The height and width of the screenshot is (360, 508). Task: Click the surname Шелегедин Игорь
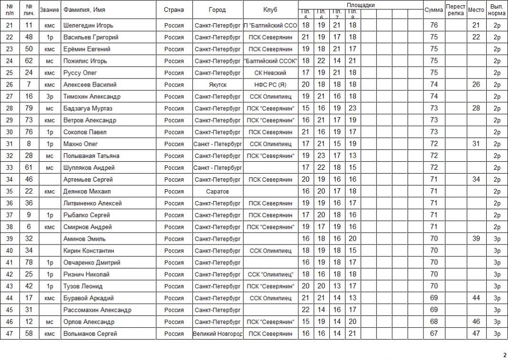tap(88, 25)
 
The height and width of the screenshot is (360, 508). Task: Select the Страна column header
tap(174, 10)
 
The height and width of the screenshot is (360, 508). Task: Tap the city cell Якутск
tap(217, 85)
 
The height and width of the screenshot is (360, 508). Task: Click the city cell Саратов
tap(217, 191)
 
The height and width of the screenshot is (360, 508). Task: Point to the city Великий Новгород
tap(218, 334)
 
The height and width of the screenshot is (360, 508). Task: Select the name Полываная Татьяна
tap(91, 156)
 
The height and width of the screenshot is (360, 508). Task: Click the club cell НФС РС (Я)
tap(270, 85)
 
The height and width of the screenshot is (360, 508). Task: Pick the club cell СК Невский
tap(270, 73)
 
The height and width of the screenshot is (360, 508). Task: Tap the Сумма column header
tap(433, 10)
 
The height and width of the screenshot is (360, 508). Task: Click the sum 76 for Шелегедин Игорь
tap(433, 25)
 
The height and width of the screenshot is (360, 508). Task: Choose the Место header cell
tap(476, 10)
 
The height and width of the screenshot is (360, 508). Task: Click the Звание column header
tap(49, 10)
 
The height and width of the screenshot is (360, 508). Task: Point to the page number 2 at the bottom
tap(505, 355)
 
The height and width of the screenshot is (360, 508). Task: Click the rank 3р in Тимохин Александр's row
tap(49, 97)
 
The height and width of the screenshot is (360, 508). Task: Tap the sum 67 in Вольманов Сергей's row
tap(433, 334)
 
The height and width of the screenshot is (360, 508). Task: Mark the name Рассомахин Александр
tap(97, 310)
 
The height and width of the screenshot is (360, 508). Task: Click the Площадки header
tap(360, 5)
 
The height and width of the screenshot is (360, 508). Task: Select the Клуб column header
tap(270, 10)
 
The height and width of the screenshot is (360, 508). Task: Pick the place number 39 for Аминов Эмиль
tap(476, 239)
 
